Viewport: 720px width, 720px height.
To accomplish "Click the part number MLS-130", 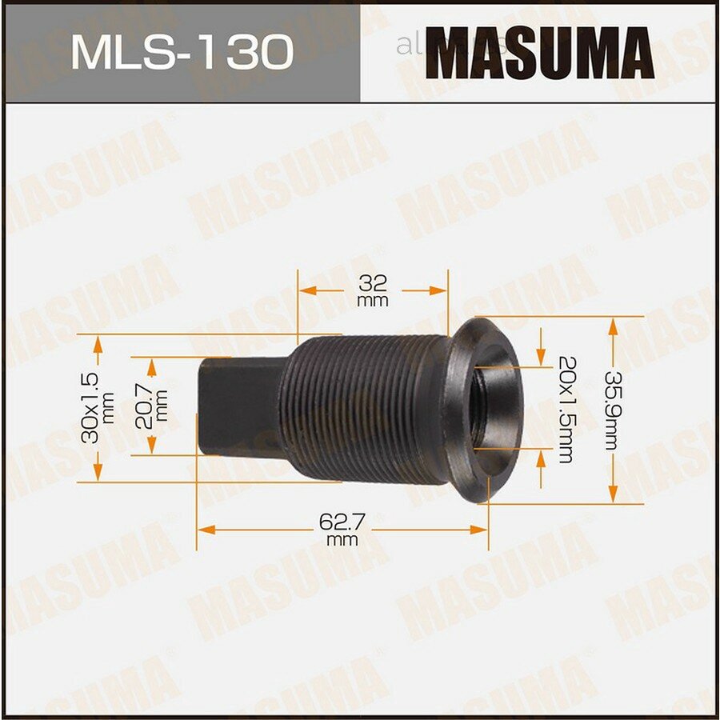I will pos(182,53).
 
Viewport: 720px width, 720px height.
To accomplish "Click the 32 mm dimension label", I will pos(373,290).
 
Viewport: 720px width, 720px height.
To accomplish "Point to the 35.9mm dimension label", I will pos(611,410).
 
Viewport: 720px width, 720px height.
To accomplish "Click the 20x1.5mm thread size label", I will pos(564,409).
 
